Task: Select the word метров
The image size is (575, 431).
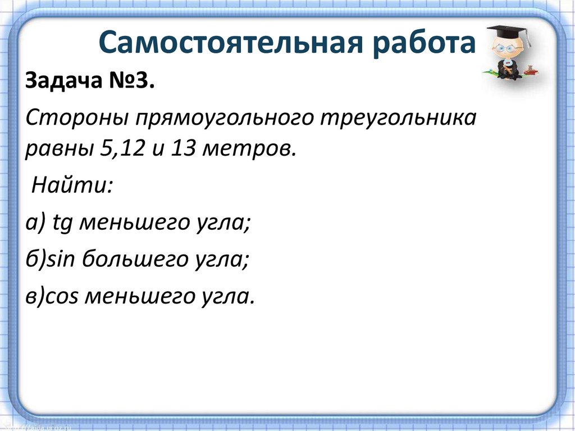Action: [x=250, y=150]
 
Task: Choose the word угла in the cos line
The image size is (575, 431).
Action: [x=227, y=296]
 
